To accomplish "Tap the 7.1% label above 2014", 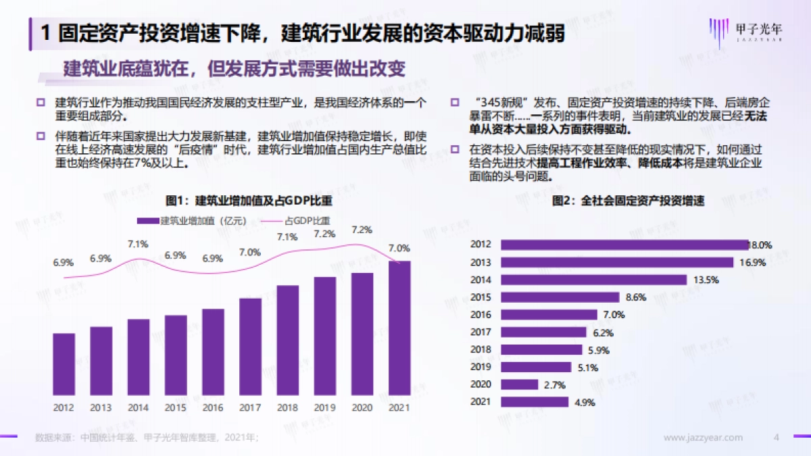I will coord(138,245).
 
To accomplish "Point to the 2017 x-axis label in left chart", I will coord(250,408).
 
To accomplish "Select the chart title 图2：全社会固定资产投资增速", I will coord(628,201).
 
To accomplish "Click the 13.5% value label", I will coord(703,280).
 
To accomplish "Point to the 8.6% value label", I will coord(636,297).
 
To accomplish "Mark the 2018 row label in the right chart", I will coord(481,349).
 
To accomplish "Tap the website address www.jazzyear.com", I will coord(703,438).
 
